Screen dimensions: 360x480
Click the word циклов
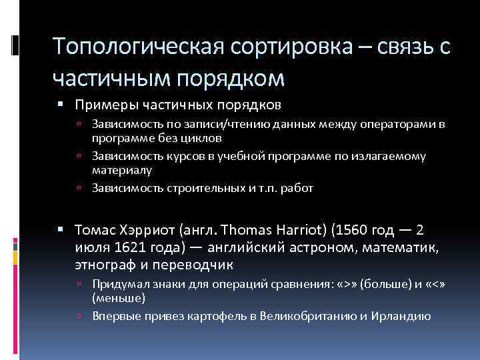click(204, 137)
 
